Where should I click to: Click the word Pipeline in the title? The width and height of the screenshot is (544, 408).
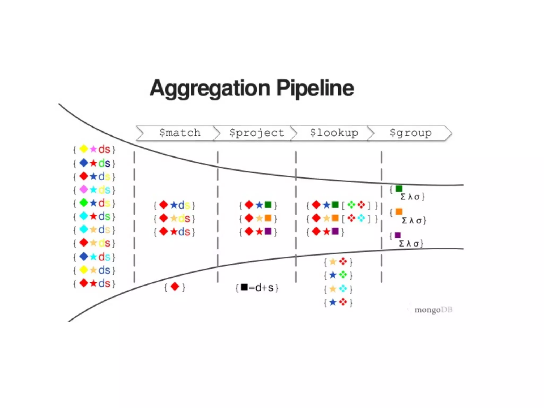coord(315,88)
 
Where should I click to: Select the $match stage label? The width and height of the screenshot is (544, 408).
coord(180,133)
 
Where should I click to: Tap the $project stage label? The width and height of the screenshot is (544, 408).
coord(257,133)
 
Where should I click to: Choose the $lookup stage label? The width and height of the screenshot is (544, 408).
coord(334,133)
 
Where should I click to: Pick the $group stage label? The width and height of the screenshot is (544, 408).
coord(411,133)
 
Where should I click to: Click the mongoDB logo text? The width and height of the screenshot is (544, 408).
coord(433,310)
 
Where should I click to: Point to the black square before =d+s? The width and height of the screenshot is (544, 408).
coord(244,287)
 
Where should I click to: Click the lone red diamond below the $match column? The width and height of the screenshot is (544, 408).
coord(175,287)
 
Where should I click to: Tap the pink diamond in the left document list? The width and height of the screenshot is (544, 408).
coord(84,189)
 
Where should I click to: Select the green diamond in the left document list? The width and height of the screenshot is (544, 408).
coord(84,203)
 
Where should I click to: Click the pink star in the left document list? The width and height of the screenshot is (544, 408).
coord(93,149)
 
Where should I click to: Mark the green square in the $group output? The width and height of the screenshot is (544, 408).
coord(399,189)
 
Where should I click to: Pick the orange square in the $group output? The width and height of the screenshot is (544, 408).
coord(399,211)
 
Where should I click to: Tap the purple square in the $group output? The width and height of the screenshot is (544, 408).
coord(398,235)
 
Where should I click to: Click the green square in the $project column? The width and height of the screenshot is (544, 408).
coord(268,205)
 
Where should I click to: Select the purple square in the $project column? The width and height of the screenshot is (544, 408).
coord(268,231)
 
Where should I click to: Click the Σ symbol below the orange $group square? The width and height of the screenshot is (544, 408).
coord(404,220)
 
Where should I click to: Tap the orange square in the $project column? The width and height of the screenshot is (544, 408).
coord(268,218)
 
